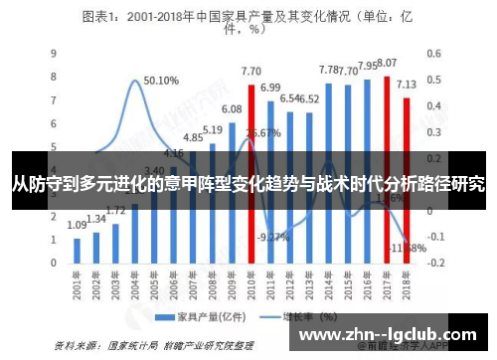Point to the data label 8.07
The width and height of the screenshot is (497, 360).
point(388,63)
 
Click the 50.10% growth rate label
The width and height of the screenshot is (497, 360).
point(160,81)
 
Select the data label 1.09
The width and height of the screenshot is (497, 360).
point(77,226)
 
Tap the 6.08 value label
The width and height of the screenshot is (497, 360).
point(232,108)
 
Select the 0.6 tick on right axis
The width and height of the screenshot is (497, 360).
point(433,52)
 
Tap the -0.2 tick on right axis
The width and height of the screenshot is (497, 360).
point(435,263)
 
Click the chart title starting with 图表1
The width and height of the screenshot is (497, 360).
point(248,22)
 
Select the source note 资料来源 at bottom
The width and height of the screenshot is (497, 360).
point(149,344)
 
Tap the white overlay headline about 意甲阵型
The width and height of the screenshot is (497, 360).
point(248,184)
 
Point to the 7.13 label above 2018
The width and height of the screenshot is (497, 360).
point(407,85)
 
